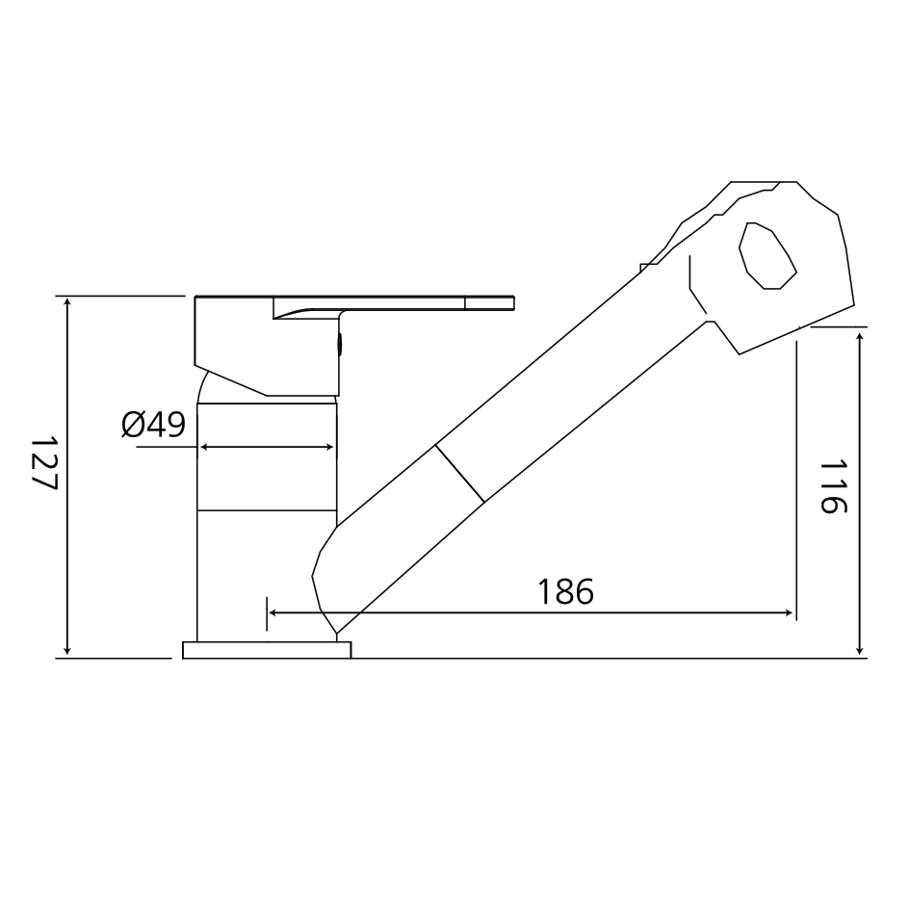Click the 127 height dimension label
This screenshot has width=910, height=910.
point(44,463)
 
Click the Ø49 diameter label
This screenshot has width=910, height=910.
point(153,425)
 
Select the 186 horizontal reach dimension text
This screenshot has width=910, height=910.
point(565,591)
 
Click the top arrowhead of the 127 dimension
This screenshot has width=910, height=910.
point(67,303)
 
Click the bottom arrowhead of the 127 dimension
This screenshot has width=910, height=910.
point(67,650)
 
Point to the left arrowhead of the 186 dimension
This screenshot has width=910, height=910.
point(273,612)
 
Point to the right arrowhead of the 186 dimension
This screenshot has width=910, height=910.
point(789,612)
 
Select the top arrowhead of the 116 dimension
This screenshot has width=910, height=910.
point(860,333)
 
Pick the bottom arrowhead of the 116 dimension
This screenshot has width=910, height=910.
point(860,650)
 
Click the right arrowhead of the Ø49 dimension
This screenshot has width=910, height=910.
point(330,447)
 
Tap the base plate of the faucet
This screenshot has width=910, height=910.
point(267,650)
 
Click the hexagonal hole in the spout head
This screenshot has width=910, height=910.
point(767,255)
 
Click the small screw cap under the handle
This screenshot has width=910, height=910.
point(338,344)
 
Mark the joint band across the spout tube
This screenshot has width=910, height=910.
point(459,473)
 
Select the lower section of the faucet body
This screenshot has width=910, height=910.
point(267,574)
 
